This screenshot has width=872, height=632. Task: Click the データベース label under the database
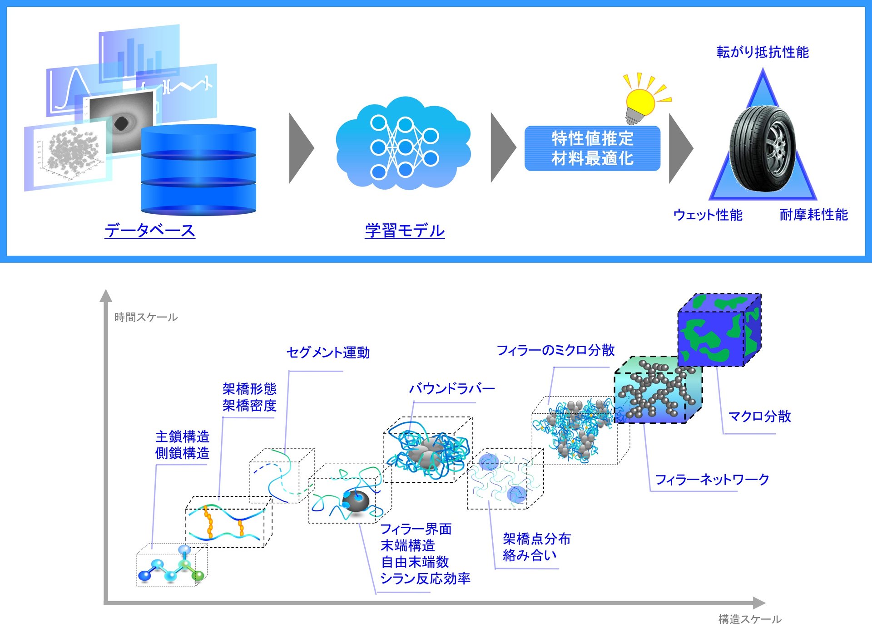coord(150,230)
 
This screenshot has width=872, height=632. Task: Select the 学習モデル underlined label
coord(405,230)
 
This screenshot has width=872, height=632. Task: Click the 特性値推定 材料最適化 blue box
coord(592,148)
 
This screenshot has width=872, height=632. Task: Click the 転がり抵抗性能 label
coord(763,52)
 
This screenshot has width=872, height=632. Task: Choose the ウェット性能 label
coord(708,215)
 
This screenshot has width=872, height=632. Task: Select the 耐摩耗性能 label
coord(813,215)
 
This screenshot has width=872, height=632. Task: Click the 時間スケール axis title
coord(146,317)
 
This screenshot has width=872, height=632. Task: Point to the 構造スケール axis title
coord(749,619)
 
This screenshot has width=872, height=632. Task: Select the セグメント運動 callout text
coord(328,353)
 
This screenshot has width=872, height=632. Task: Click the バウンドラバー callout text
coord(452,388)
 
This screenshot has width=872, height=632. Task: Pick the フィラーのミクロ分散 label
coord(555,350)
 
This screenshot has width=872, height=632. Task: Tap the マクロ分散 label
coord(759,416)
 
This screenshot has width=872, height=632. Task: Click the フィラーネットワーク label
coord(712,479)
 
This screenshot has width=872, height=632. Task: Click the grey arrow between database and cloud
coord(301,148)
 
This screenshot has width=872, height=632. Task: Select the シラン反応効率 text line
coord(425,578)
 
